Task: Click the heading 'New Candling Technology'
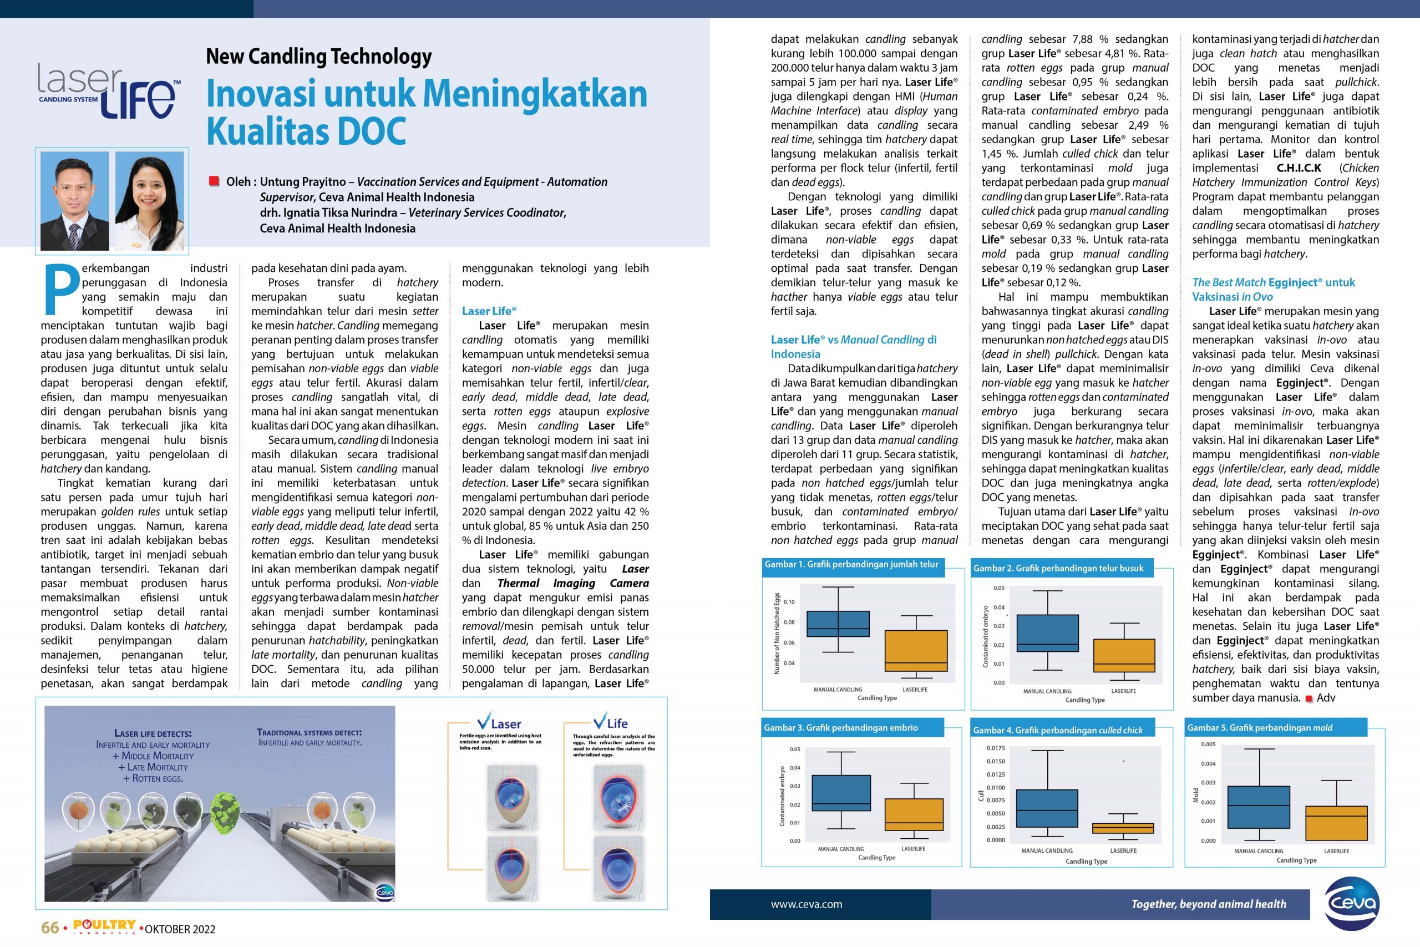[x=319, y=57]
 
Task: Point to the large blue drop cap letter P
[x=61, y=291]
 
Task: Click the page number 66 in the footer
[x=49, y=928]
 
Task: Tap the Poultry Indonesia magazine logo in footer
[x=104, y=926]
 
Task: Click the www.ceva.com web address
[x=806, y=904]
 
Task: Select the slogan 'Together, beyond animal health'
[x=1208, y=904]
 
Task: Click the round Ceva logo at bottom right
[x=1352, y=904]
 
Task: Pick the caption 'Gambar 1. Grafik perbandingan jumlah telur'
[x=851, y=564]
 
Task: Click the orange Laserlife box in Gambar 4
[x=1123, y=828]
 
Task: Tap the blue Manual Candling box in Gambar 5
[x=1258, y=807]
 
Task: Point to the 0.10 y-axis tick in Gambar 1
[x=789, y=602]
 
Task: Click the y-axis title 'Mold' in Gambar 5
[x=1196, y=796]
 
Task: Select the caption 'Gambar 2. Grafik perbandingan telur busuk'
[x=1058, y=568]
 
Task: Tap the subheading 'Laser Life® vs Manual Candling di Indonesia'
[x=853, y=347]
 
